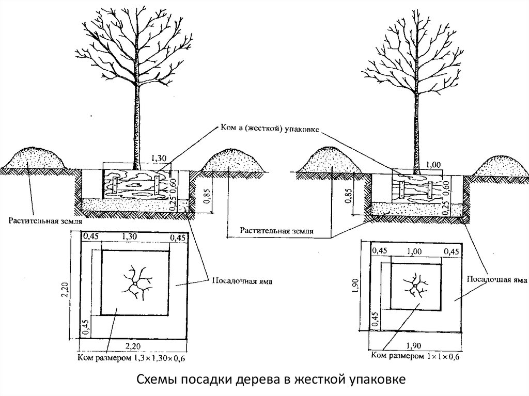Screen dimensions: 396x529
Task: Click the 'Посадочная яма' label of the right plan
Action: tap(496, 279)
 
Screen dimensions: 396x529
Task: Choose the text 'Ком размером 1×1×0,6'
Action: tap(415, 356)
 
